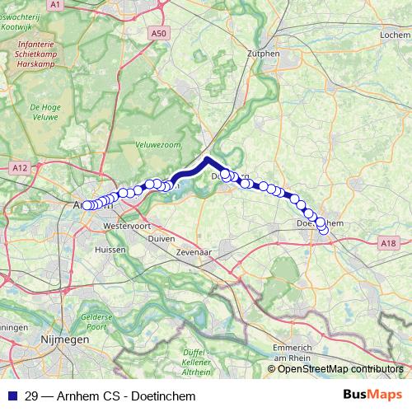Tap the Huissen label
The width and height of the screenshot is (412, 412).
tap(110, 249)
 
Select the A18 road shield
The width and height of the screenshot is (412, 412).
tap(389, 242)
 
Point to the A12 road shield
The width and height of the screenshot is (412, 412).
tap(21, 167)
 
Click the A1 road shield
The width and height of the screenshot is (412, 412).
tap(55, 5)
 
